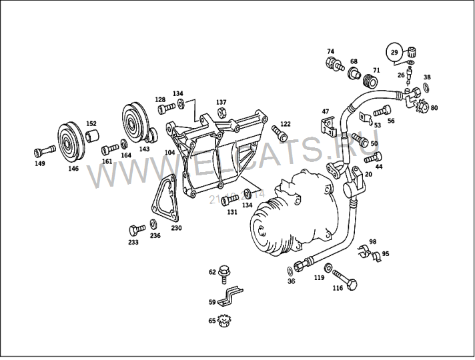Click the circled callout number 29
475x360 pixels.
tap(394, 52)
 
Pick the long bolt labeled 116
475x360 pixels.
tap(344, 278)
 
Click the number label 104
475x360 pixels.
tap(170, 153)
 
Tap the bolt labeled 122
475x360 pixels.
tap(280, 131)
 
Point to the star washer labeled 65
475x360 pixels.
tap(225, 321)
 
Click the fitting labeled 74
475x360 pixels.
tap(332, 63)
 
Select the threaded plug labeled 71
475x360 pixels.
tap(366, 81)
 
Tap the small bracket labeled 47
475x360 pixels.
tap(327, 125)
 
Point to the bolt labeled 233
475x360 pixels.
tap(137, 230)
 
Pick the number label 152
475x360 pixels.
tap(91, 124)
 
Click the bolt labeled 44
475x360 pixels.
tap(374, 157)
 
